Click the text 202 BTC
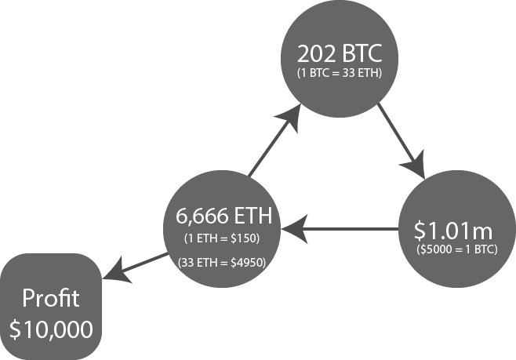point(340,53)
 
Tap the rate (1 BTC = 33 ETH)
point(340,73)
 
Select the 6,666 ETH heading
point(223,216)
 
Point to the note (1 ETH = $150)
point(222,238)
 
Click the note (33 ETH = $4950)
point(222,263)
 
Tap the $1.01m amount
point(453,231)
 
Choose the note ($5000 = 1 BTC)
point(457,249)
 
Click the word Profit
point(51,298)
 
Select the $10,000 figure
point(51,329)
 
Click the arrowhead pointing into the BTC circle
point(291,117)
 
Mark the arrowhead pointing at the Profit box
point(117,271)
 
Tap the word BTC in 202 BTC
point(362,53)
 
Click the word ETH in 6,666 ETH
point(253,216)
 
